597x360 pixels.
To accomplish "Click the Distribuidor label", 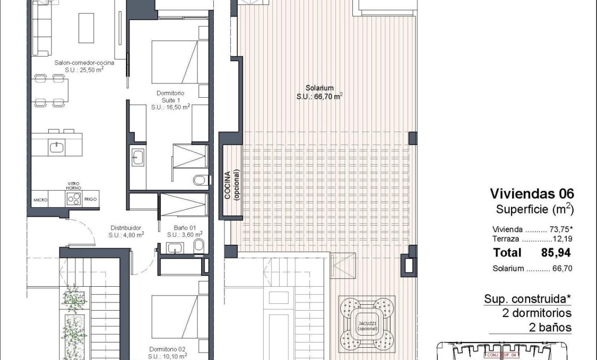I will [126, 230].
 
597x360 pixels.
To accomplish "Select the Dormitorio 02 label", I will [167, 349].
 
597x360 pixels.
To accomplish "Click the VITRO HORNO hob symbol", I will [74, 199].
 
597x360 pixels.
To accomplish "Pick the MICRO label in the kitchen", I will [40, 200].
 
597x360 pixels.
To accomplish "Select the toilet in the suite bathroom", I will [200, 180].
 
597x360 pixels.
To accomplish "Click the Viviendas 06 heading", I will [532, 193].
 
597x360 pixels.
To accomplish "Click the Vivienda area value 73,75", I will [562, 230].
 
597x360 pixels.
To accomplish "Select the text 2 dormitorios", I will [537, 313].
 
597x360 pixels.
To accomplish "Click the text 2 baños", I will [550, 327].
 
